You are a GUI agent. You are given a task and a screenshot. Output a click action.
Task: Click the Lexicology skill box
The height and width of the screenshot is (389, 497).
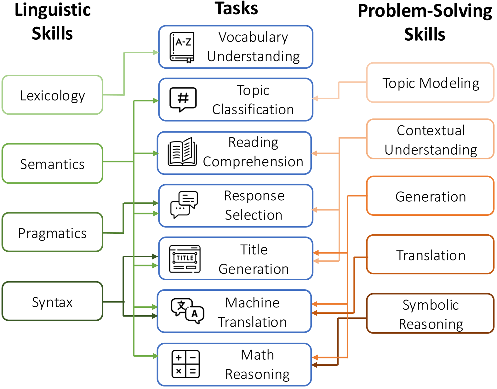(52, 95)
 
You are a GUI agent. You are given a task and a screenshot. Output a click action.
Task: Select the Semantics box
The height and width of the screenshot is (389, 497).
(52, 164)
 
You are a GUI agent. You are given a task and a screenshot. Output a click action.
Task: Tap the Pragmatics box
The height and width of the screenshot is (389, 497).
(52, 233)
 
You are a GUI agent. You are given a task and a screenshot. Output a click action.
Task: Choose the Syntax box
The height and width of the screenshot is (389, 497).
(52, 302)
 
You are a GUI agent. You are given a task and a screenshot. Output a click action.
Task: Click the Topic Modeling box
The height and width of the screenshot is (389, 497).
(430, 83)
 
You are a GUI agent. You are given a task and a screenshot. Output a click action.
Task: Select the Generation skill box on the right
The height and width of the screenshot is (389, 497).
(430, 196)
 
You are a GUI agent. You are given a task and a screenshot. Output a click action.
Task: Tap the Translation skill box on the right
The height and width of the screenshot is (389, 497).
(430, 255)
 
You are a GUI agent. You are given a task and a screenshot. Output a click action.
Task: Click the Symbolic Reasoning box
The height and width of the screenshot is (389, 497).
(430, 314)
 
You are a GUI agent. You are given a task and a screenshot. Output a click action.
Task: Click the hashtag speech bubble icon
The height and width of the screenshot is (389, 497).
(183, 100)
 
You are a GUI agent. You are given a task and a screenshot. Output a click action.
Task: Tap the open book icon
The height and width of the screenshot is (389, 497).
(182, 152)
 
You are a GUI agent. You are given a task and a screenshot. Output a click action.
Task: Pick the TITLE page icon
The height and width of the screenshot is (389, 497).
(185, 259)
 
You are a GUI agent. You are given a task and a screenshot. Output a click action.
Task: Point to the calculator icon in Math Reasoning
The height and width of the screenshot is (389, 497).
(186, 364)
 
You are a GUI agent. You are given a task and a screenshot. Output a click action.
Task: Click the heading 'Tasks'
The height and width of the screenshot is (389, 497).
(236, 9)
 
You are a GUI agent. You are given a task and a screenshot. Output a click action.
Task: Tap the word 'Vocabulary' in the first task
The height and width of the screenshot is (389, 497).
(253, 37)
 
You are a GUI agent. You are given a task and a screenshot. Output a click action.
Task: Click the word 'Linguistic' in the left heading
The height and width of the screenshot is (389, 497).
(53, 10)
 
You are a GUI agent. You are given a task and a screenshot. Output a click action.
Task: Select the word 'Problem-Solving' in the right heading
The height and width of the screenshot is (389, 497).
(425, 11)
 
